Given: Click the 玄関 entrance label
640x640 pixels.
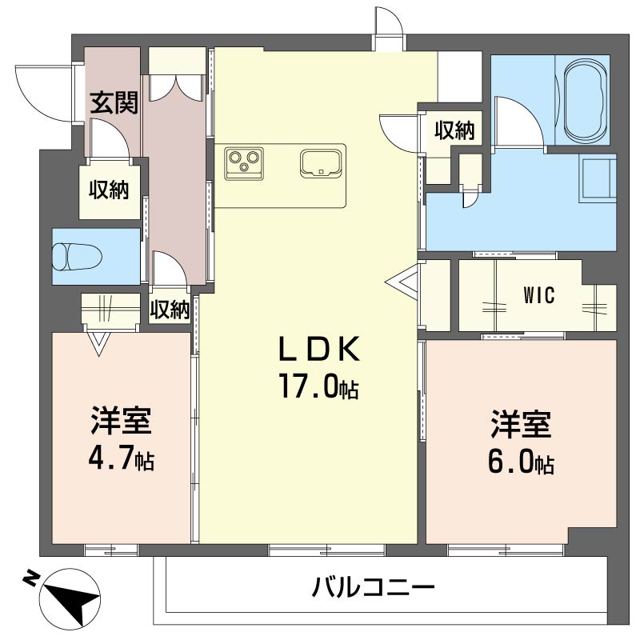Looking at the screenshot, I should click(113, 102).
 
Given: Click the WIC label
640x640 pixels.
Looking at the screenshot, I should click(538, 295).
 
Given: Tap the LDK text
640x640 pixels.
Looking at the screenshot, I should click(318, 350).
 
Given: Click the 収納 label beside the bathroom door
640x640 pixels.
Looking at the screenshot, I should click(455, 130).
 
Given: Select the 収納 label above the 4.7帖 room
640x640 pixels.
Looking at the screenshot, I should click(170, 309).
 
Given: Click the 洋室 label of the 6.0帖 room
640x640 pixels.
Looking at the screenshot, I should click(522, 425).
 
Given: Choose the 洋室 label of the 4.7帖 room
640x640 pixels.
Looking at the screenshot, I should click(121, 422).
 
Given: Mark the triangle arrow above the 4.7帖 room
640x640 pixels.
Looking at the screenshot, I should click(98, 344).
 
